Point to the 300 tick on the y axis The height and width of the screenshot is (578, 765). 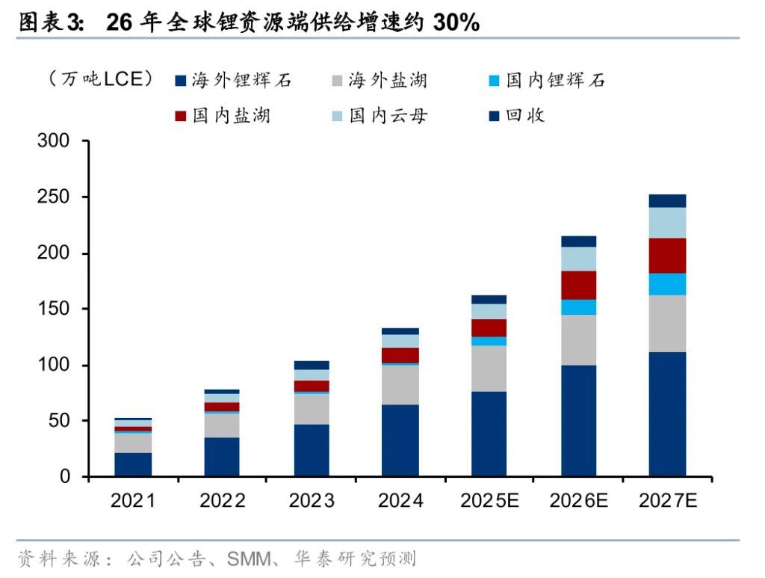coord(53,141)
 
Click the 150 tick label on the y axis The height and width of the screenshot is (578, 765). coord(53,309)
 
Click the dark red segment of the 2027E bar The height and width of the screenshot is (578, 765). coord(667,256)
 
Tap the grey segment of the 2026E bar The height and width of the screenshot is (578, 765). coord(578,340)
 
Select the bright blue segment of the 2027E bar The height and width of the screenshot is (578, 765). coord(667,284)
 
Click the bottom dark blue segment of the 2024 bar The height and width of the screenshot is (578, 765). coord(400,440)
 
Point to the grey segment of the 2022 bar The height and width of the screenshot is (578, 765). coord(222,425)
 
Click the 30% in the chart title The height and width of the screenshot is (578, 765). coord(455,22)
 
